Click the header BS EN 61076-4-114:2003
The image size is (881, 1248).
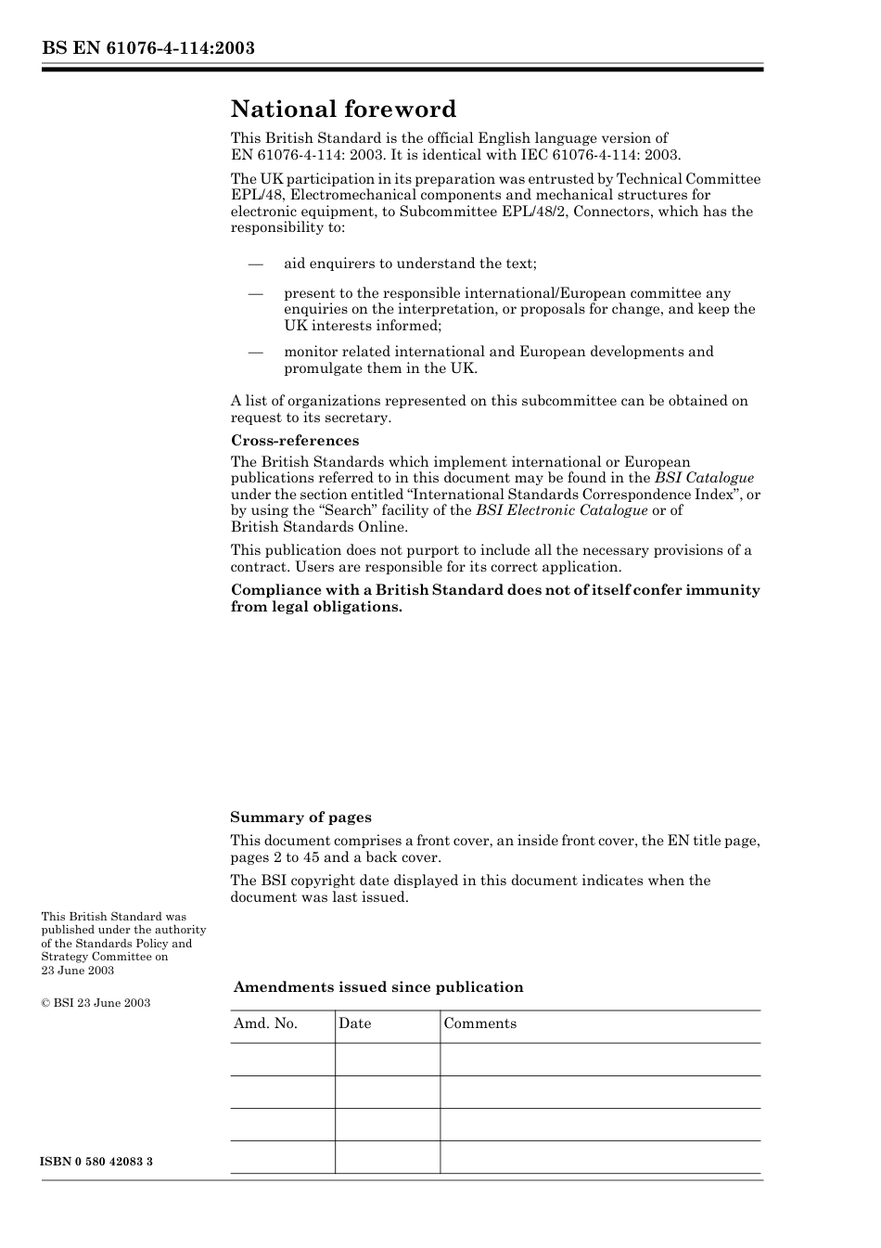coord(147,48)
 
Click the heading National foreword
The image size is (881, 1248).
coord(343,109)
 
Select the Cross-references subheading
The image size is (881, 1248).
coord(295,441)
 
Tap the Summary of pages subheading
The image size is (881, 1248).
coord(300,817)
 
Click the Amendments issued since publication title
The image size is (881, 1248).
coord(378,987)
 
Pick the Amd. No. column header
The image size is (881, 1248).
coord(265,1023)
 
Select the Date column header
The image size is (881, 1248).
coord(355,1023)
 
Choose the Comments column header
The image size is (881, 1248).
coord(480,1023)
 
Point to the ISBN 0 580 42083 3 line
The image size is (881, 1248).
coord(97,1162)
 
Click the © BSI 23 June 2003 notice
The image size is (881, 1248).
coord(96,1003)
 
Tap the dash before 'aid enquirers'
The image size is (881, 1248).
coord(256,264)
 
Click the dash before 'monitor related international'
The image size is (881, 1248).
coord(256,352)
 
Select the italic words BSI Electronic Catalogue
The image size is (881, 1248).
coord(561,510)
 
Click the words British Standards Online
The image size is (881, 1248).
coord(319,527)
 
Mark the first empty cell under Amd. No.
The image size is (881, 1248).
coord(282,1060)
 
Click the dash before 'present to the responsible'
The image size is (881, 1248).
coord(256,293)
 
